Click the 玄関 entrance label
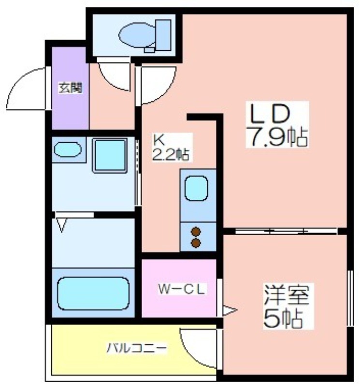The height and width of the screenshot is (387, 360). click(70, 88)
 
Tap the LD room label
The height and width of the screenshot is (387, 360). click(270, 114)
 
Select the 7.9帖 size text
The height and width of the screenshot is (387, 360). click(278, 136)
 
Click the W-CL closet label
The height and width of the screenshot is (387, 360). click(182, 289)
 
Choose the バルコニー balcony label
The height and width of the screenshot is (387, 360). click(137, 348)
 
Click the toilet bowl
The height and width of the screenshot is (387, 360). click(137, 35)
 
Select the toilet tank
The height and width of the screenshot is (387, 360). click(163, 35)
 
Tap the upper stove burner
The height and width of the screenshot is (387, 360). click(196, 232)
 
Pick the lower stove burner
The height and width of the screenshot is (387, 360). click(196, 243)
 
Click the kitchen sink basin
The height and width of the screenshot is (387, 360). click(196, 188)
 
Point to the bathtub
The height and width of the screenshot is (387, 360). click(93, 294)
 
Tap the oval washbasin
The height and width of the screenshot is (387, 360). click(68, 149)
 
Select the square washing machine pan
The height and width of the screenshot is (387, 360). click(110, 155)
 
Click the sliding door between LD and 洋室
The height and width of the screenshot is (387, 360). click(286, 231)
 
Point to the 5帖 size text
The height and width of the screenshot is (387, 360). click(283, 318)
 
